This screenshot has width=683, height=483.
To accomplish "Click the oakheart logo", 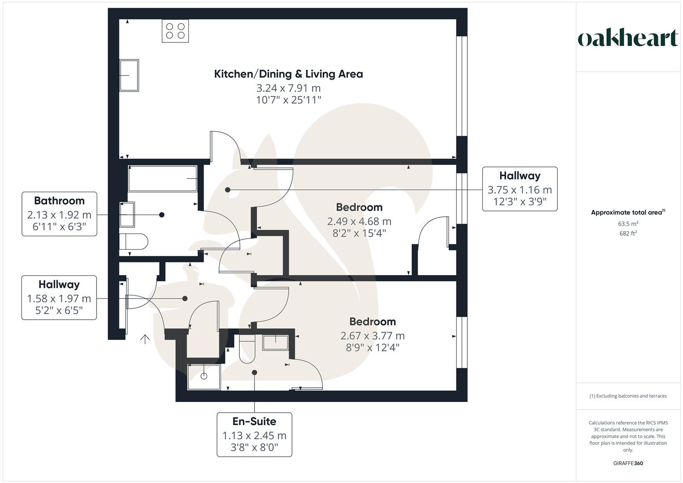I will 628,38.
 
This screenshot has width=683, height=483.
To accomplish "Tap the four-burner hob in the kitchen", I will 175,31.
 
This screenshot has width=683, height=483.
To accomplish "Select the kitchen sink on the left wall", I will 129,75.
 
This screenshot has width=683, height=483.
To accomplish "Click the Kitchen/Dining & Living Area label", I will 288,74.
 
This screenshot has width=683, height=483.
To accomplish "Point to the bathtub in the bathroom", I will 163,179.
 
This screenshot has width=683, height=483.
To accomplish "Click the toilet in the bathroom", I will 134,242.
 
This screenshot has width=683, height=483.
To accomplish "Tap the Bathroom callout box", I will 59,214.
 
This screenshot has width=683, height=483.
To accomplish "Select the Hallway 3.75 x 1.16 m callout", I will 520,189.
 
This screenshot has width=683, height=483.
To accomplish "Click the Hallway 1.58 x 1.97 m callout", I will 59,297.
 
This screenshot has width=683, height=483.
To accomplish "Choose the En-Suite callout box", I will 254,434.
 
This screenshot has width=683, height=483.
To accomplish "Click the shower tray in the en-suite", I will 204,377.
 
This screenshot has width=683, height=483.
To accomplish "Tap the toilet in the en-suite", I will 247,349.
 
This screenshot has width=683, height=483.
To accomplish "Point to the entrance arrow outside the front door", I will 144,339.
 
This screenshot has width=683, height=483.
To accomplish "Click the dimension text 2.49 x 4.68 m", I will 359,221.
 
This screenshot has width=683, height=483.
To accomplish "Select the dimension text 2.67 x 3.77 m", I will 373,335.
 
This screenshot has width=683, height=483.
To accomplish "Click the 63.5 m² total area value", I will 628,224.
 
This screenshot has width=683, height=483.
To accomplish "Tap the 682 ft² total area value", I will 628,233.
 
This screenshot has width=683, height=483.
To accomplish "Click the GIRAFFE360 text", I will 628,463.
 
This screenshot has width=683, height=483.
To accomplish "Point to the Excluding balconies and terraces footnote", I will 628,396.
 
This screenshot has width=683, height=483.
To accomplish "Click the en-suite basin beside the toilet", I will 276,342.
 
